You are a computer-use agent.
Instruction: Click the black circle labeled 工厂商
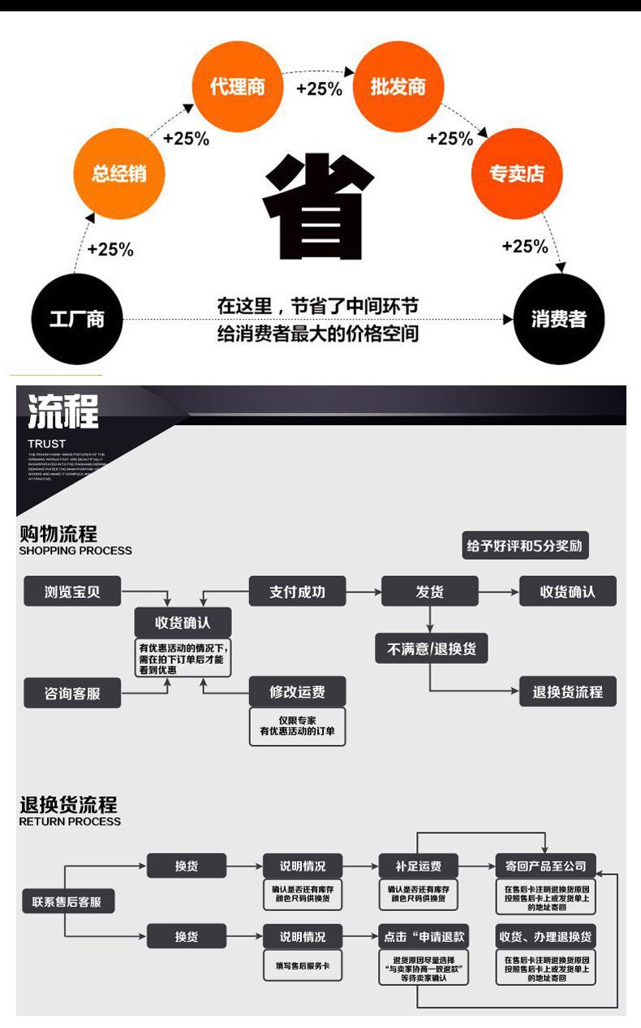click(76, 319)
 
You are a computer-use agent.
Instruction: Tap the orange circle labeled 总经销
click(118, 174)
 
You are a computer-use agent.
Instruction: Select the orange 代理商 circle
click(237, 87)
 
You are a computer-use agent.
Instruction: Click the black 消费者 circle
click(559, 319)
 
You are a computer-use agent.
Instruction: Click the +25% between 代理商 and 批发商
click(319, 88)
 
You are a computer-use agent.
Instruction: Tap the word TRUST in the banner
click(46, 443)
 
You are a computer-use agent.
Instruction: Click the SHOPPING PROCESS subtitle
click(75, 550)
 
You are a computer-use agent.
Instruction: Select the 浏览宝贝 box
click(72, 591)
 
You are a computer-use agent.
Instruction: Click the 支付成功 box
click(297, 591)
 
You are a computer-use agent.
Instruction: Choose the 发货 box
click(430, 591)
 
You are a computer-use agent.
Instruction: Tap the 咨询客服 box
click(72, 694)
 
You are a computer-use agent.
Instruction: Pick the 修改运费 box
click(297, 692)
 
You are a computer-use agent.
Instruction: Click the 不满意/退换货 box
click(432, 649)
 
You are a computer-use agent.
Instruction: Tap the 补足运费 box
click(419, 866)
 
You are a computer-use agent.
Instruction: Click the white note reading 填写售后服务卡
click(303, 966)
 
